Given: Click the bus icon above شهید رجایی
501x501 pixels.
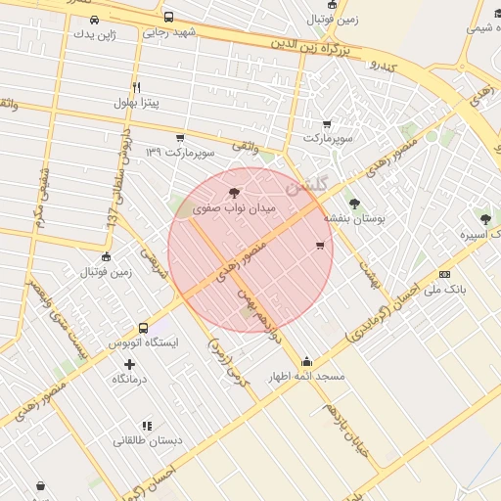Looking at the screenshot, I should (x=169, y=17).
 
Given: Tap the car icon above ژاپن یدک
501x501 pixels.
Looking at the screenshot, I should (x=94, y=20).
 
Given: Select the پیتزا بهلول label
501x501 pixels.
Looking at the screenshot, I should (x=136, y=102).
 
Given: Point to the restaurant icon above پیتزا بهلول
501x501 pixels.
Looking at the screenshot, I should (x=136, y=87).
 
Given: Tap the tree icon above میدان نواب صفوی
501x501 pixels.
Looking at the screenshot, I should (x=232, y=193).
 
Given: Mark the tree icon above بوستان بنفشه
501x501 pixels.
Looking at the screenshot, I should (x=354, y=204).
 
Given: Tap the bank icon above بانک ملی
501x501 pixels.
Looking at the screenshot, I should (x=445, y=275).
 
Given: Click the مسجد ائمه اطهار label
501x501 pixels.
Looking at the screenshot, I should (x=308, y=375).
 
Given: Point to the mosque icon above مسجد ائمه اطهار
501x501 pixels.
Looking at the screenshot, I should (x=307, y=360).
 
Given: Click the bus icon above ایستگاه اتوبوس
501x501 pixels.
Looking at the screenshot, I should (x=144, y=328).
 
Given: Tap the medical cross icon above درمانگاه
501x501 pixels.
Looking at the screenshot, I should (x=129, y=364).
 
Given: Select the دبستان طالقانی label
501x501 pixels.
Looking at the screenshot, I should (x=148, y=440).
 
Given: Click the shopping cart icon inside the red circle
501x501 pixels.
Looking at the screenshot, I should (x=320, y=246).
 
